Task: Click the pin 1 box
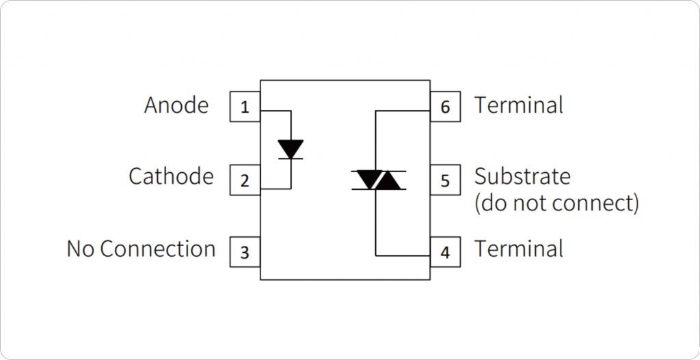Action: (x=245, y=107)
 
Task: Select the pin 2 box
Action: (x=245, y=180)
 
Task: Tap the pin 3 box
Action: (x=245, y=253)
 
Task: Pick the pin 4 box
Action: (x=445, y=253)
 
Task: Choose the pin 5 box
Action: (x=445, y=180)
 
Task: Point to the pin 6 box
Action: (x=445, y=107)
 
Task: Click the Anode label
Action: (x=176, y=105)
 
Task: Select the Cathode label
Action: (x=171, y=177)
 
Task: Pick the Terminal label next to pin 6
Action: (x=519, y=105)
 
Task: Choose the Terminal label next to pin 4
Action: (x=519, y=249)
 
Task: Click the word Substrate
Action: (x=522, y=176)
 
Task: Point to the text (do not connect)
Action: (x=556, y=203)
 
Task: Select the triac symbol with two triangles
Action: (x=379, y=180)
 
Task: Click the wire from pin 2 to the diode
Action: (x=276, y=188)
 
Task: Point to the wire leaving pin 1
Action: (x=276, y=110)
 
